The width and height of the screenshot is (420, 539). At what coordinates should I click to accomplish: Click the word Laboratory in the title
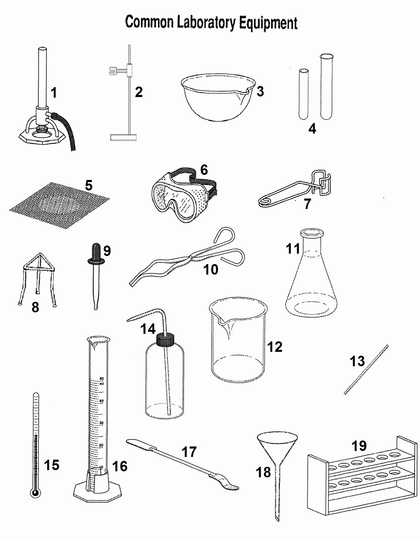pos(206,23)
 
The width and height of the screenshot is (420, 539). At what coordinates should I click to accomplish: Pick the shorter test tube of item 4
pos(304,94)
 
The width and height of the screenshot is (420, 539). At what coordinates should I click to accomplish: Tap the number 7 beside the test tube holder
pos(308,204)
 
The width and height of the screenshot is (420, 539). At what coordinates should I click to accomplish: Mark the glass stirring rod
pos(366,369)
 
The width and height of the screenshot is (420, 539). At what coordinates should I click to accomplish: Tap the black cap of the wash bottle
pos(165,340)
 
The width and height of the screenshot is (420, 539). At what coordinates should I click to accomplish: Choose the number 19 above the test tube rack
pos(359,446)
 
